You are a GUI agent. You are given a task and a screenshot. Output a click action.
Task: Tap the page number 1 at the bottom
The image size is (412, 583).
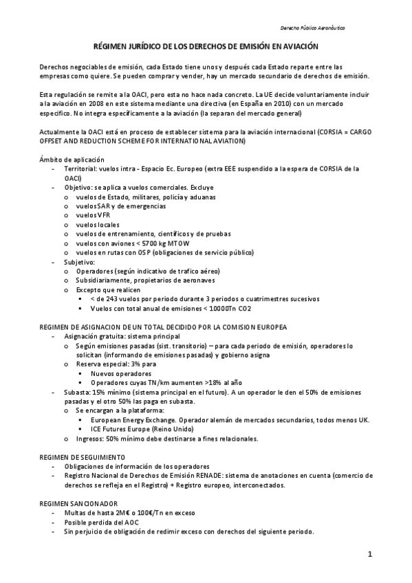(x=369, y=554)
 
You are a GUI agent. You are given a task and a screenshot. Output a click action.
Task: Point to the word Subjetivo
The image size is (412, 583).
(x=80, y=262)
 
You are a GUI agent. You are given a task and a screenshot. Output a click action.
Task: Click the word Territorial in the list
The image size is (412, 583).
(x=80, y=168)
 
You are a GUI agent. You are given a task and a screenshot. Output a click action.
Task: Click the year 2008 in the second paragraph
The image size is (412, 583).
(x=91, y=102)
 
